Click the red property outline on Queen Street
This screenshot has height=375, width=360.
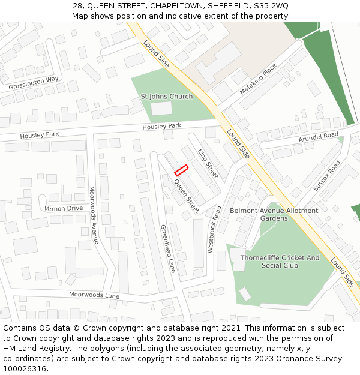(x=181, y=170)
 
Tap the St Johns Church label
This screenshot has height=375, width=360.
(x=167, y=96)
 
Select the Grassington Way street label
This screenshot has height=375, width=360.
(x=34, y=83)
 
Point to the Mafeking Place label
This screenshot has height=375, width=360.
(x=258, y=79)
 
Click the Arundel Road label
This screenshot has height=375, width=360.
(x=319, y=137)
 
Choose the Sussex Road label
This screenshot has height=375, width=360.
(x=326, y=175)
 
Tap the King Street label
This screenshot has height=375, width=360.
(x=208, y=163)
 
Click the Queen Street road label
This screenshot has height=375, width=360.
(x=187, y=196)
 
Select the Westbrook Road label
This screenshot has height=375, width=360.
(x=214, y=229)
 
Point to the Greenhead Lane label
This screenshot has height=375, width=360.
(x=167, y=248)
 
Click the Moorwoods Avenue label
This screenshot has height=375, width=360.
(x=94, y=215)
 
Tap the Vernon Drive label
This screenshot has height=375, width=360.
(x=64, y=208)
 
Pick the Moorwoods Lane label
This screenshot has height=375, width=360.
(x=94, y=295)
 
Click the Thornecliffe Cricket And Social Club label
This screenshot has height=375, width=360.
(x=280, y=262)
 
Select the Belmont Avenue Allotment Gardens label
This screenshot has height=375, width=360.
(x=274, y=214)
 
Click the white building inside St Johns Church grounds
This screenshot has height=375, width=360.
(x=161, y=109)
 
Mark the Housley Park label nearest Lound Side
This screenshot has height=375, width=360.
(x=161, y=127)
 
